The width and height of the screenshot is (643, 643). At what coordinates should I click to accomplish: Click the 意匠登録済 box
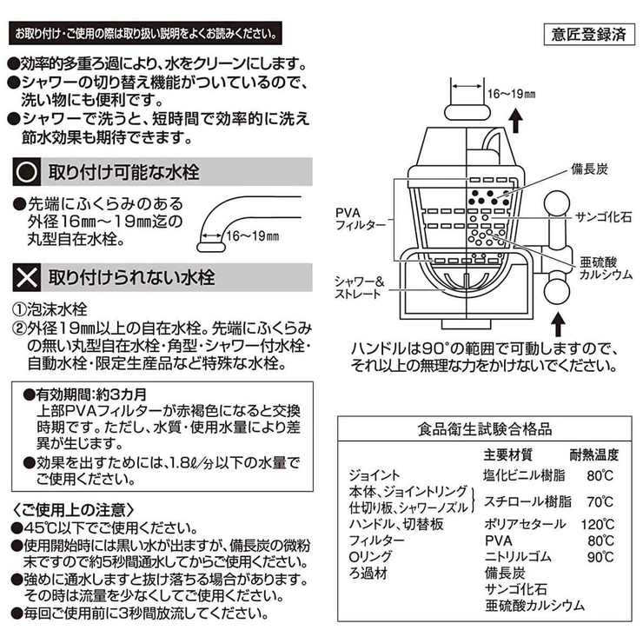pyautogui.click(x=587, y=36)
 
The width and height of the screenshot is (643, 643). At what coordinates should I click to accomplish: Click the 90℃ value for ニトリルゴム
pyautogui.click(x=597, y=557)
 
